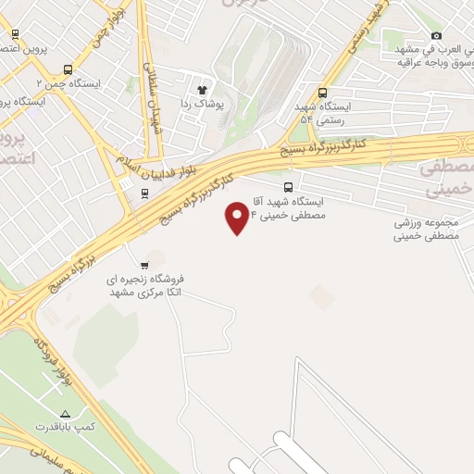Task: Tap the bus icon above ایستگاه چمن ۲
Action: point(68,69)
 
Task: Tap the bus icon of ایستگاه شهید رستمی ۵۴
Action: point(322,93)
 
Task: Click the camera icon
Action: point(436,36)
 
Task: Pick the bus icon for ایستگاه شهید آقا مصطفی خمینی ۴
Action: point(289,186)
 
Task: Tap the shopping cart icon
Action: point(144,263)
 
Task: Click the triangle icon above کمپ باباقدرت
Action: point(64,413)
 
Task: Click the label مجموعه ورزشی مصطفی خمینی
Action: point(428,230)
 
